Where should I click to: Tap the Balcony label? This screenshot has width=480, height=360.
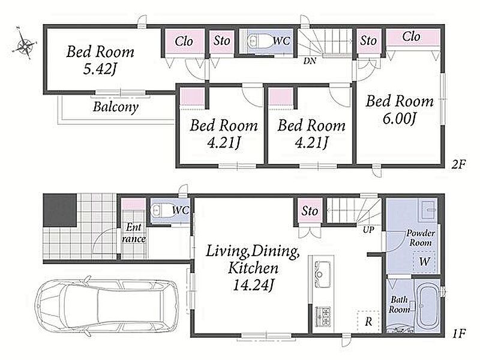[116, 107]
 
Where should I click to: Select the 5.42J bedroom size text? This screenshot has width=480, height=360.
[100, 70]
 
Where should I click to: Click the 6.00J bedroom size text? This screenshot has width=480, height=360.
[399, 118]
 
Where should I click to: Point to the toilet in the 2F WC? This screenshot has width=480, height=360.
[259, 41]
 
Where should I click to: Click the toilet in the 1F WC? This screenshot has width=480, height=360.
[161, 211]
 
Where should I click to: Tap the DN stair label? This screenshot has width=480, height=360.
[310, 61]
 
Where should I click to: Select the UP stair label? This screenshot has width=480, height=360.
[368, 229]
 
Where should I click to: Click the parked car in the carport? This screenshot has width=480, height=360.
[107, 305]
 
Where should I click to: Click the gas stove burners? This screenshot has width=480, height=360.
[323, 316]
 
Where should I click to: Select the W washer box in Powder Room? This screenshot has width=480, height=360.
[424, 262]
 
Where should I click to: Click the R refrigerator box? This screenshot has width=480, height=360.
[368, 321]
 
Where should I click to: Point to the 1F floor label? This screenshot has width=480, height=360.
[459, 334]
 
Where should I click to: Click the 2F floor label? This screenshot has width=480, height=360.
[458, 165]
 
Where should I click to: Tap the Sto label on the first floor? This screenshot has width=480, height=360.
[310, 211]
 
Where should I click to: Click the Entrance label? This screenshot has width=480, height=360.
[134, 233]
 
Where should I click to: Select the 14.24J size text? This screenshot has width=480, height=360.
[253, 286]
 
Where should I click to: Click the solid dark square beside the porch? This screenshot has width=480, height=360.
[59, 210]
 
